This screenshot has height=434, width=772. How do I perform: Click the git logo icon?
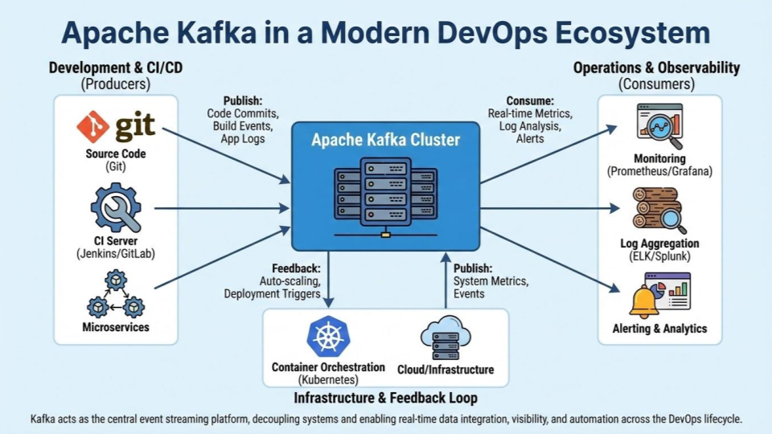116,127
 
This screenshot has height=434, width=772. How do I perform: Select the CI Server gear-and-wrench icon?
116,207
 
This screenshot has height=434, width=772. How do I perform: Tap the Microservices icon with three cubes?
116,294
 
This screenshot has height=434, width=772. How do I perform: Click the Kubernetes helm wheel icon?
328,336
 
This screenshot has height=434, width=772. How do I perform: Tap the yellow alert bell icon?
644,300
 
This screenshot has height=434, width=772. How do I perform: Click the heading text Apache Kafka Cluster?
385,140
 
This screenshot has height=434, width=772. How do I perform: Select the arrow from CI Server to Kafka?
221,208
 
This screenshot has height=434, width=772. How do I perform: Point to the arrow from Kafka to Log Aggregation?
551,208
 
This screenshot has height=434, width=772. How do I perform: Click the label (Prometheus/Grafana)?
660,171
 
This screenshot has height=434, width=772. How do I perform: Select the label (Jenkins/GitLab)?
116,253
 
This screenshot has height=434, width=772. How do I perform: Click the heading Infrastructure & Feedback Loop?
385,398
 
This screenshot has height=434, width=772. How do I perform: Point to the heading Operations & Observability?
656,68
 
